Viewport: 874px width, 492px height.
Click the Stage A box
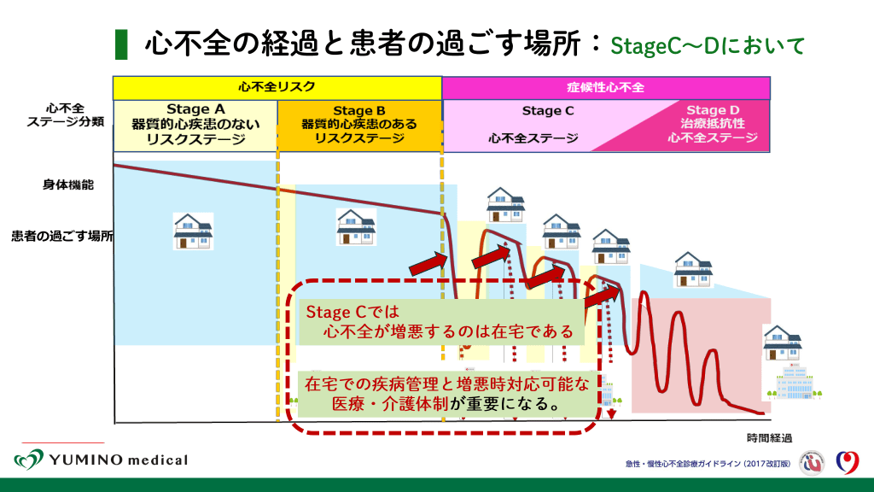195,126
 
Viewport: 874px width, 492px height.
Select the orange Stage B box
359,126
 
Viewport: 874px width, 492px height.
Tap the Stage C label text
548,111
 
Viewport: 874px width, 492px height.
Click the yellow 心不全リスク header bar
277,88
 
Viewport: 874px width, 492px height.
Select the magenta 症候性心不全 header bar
606,88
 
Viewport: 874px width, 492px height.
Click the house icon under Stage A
193,231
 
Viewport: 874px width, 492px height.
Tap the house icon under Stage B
356,227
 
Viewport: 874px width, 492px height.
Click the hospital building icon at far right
794,381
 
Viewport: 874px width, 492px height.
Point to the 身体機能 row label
68,184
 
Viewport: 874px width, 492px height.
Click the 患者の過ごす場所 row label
61,236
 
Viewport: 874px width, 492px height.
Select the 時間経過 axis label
769,438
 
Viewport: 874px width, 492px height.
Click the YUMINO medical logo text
118,460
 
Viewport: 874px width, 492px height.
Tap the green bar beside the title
121,44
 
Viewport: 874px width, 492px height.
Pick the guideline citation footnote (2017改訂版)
708,464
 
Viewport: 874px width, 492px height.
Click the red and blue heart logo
848,462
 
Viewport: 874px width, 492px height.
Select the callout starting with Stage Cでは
441,322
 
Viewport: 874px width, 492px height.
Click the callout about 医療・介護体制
446,394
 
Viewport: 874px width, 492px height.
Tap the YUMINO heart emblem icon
29,460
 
